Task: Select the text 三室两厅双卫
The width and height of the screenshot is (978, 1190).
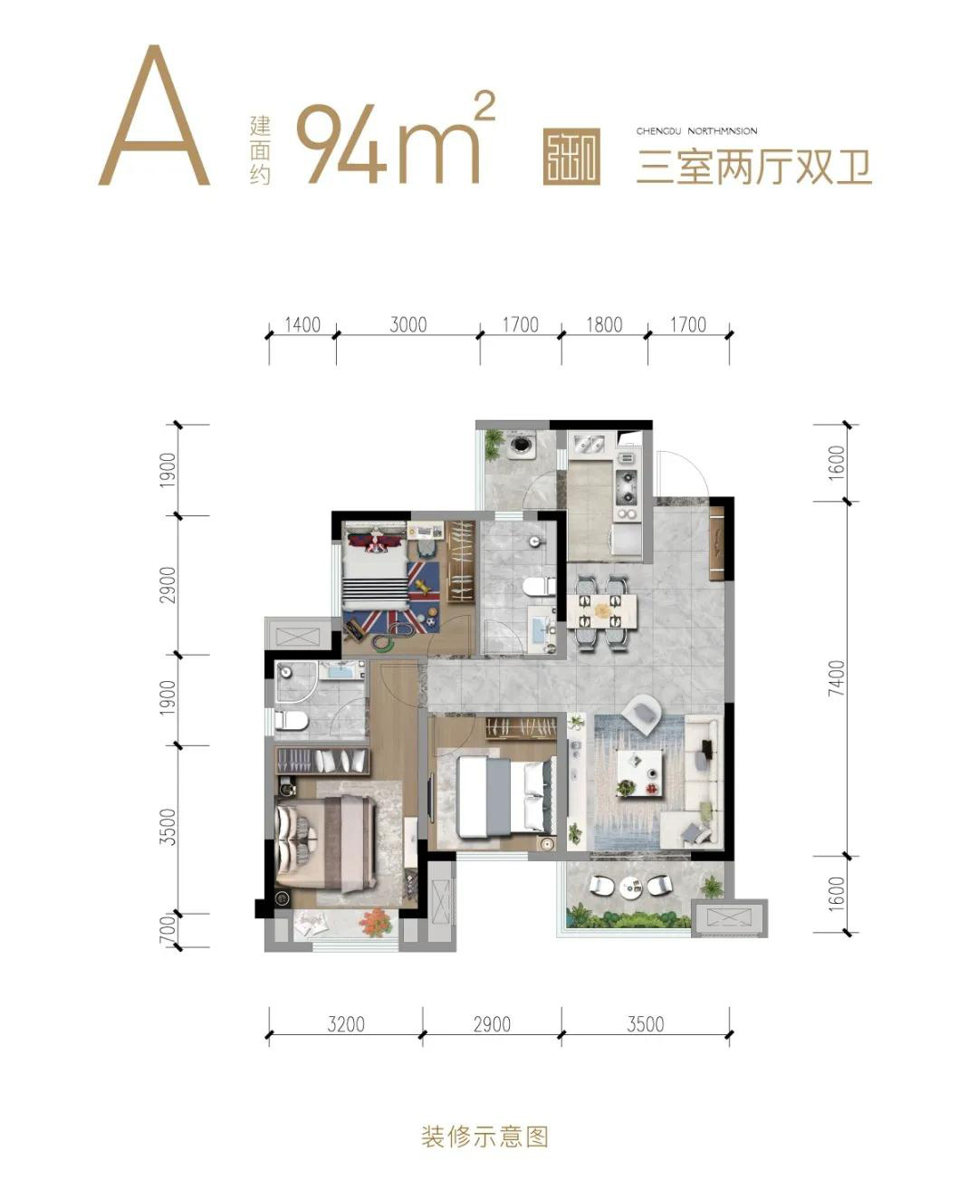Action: point(753,168)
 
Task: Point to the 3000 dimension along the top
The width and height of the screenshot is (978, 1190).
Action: point(407,324)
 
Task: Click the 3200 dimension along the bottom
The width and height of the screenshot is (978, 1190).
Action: point(346,1024)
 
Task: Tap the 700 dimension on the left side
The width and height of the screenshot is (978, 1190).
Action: point(166,931)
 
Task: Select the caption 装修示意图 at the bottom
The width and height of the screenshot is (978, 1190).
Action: point(484,1136)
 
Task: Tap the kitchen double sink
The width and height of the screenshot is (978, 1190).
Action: point(591,445)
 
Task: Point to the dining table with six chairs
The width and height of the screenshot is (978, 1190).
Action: point(603,611)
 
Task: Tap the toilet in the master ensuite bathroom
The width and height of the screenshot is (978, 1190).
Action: point(292,721)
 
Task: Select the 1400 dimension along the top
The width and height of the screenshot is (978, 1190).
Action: point(302,324)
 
